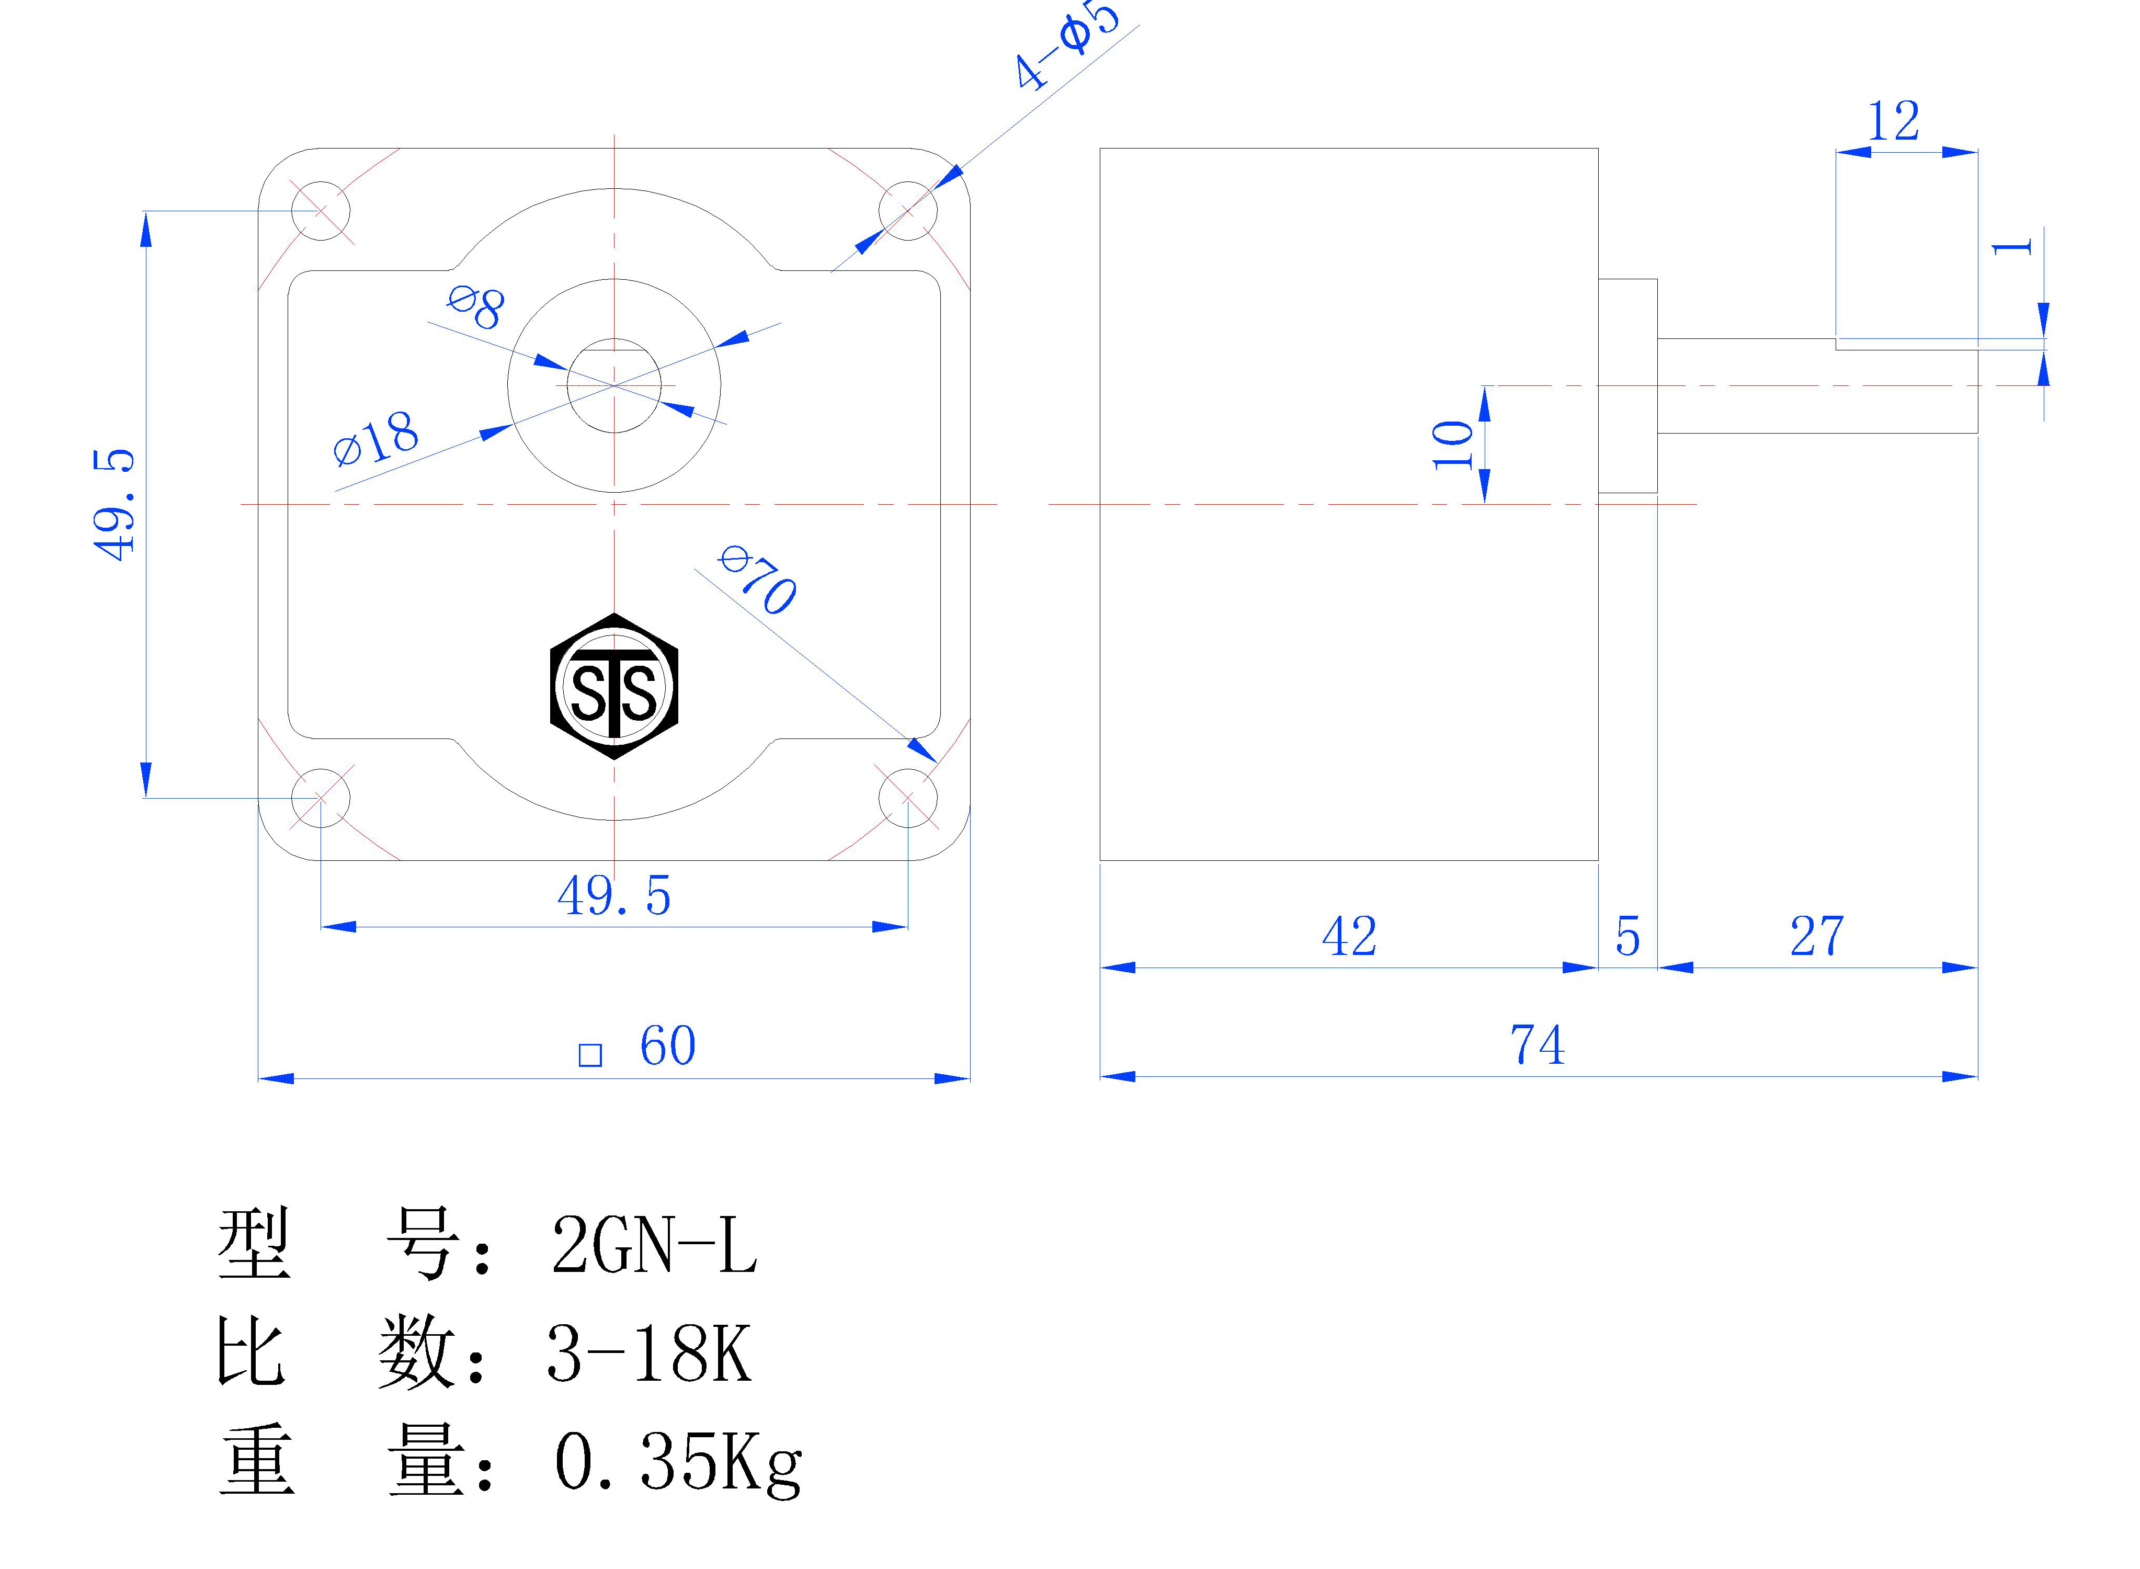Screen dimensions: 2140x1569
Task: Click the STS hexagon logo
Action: tap(614, 686)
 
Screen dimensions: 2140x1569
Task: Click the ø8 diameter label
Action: tap(476, 307)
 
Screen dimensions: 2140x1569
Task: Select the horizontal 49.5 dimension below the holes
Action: tap(614, 895)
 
